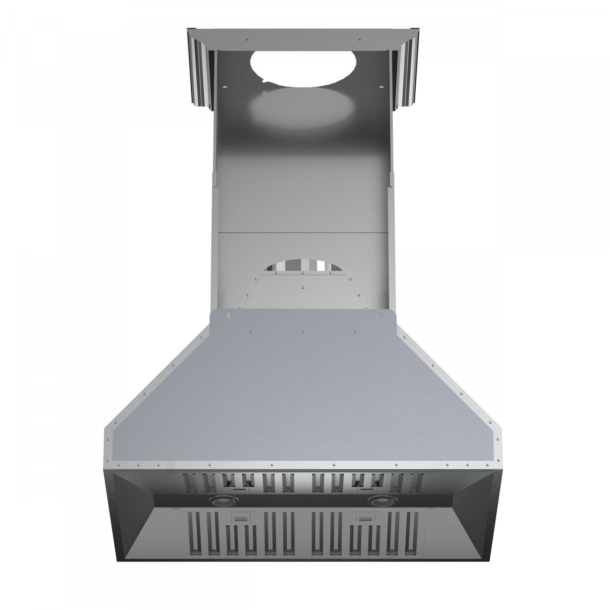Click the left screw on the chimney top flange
246,40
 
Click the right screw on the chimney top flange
359,40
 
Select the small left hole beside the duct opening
226,86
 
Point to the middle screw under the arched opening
303,274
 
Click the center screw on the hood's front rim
333,463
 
